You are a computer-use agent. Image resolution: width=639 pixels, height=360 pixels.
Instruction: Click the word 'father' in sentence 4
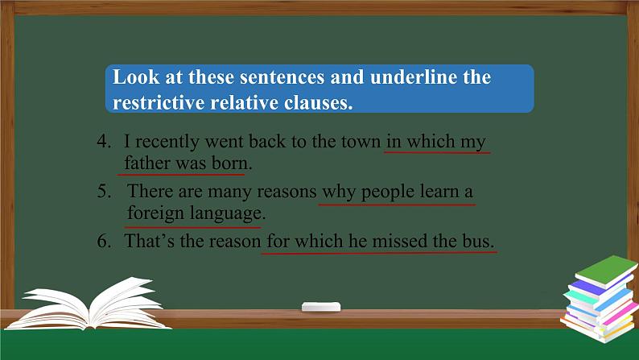pos(146,163)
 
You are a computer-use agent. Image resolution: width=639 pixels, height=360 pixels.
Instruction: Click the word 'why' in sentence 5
pos(339,192)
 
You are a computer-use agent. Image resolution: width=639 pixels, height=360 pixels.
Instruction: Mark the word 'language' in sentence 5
pos(226,214)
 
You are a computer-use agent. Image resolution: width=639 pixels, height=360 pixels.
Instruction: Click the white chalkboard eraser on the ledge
pos(321,306)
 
